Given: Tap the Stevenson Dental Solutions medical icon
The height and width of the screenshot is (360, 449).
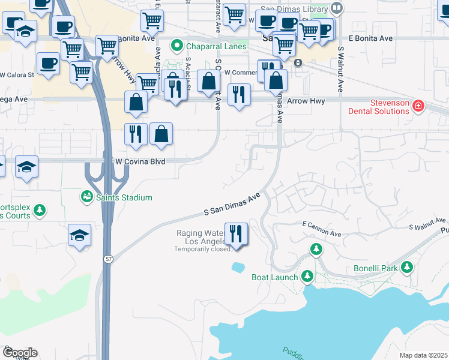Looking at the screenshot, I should coord(418,107).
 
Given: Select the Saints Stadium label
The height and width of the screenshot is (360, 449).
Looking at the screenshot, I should coord(125,197).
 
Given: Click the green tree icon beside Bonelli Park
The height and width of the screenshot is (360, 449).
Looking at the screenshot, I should coord(407,267).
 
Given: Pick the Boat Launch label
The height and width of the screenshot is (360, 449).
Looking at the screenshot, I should coord(274,277).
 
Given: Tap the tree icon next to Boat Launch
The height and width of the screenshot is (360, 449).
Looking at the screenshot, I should coord(307,276).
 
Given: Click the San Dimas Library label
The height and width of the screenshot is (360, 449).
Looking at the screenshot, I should coord(292,8).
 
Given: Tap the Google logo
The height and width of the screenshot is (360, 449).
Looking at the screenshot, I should coord(19,353).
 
